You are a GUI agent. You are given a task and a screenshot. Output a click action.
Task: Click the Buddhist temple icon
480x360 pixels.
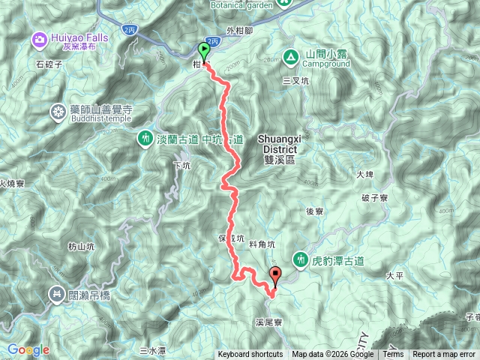click(58, 112)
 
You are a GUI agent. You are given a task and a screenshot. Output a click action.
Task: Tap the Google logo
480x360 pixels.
click(28, 349)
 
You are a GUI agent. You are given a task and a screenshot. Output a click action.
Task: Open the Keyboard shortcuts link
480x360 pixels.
click(250, 355)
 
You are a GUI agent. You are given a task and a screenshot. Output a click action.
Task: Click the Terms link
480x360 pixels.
click(392, 355)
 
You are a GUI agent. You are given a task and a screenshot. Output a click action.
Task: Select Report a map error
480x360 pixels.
click(445, 355)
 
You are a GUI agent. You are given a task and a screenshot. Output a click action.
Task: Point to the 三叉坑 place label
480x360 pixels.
click(295, 79)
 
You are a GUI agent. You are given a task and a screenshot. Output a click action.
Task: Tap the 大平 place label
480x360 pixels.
click(395, 276)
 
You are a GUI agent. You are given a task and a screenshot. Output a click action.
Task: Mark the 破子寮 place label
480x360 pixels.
click(373, 198)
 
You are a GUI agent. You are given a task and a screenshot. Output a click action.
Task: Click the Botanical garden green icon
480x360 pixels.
click(284, 3)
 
